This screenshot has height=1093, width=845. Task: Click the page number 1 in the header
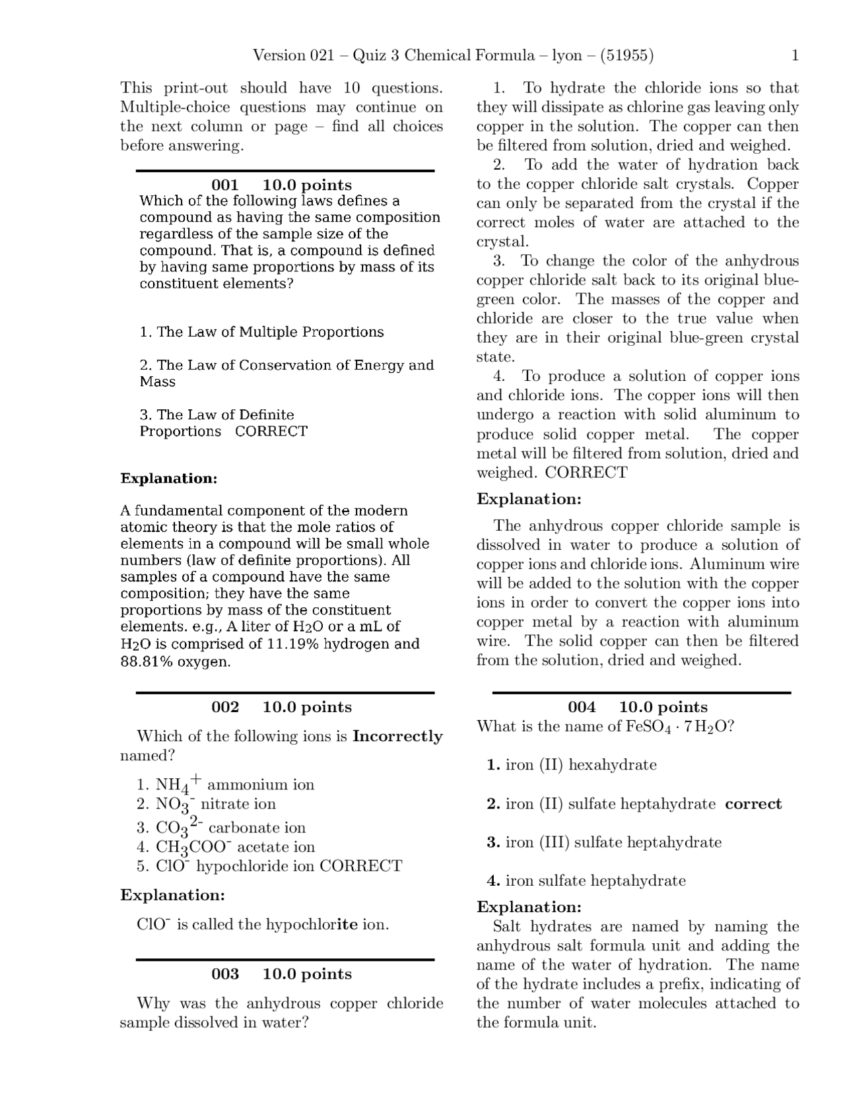click(795, 55)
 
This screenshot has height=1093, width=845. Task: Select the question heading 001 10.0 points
click(282, 185)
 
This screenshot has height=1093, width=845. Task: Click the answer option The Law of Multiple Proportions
click(262, 333)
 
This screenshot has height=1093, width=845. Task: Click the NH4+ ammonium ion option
click(226, 785)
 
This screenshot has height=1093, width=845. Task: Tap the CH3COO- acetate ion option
click(226, 847)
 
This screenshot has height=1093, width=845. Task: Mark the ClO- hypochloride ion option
click(269, 867)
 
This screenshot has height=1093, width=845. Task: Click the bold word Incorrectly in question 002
click(397, 737)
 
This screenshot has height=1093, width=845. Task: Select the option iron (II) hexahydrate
click(572, 766)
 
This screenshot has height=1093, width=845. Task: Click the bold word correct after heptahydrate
click(753, 805)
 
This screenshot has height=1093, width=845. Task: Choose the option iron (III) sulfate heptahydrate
click(605, 843)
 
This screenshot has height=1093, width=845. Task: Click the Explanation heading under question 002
click(173, 896)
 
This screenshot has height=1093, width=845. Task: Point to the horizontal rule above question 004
click(642, 693)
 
